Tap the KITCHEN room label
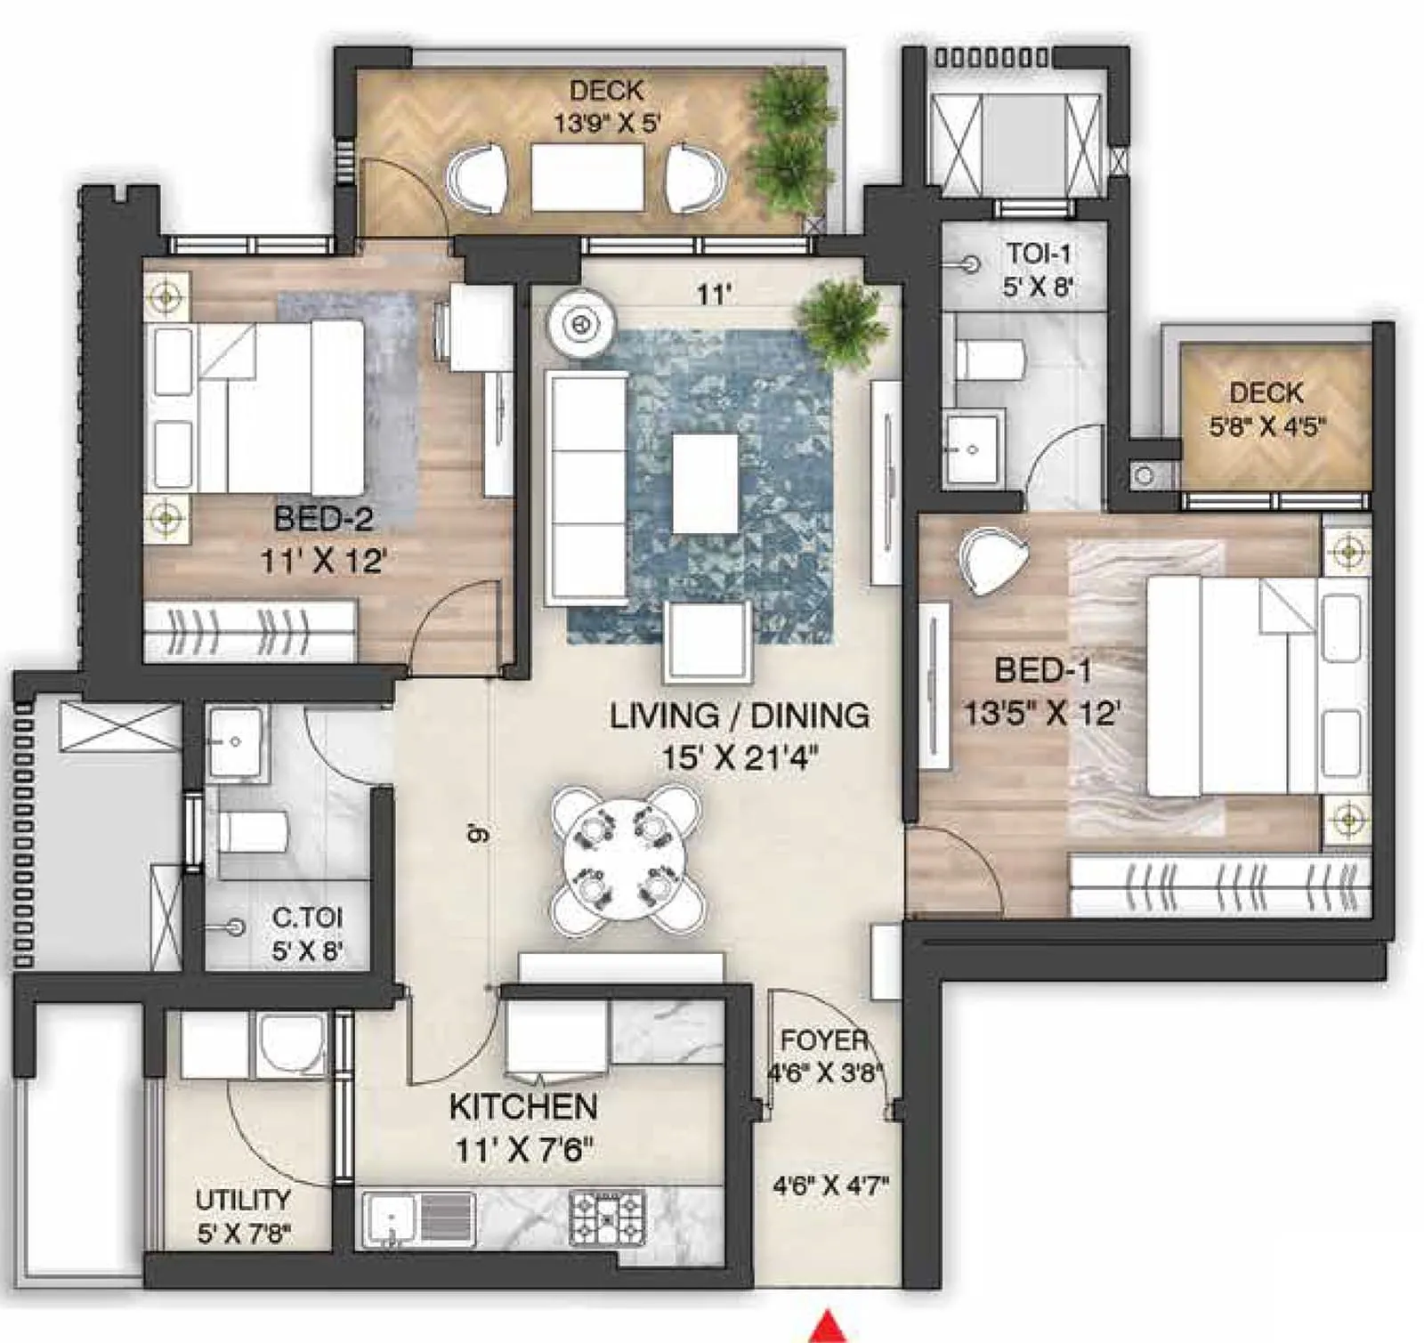click(x=523, y=1107)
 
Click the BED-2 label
click(x=323, y=518)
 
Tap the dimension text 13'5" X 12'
click(x=1041, y=713)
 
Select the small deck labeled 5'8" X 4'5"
click(x=1274, y=416)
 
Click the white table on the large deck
click(x=587, y=176)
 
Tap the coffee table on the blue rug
click(x=705, y=483)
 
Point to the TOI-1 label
click(x=1039, y=254)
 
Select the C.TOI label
click(x=307, y=917)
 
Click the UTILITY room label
click(x=242, y=1200)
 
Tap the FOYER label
click(x=824, y=1040)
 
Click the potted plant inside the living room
click(x=841, y=322)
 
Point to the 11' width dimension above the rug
click(x=714, y=294)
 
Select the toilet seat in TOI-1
click(x=990, y=360)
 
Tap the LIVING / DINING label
click(x=739, y=716)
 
